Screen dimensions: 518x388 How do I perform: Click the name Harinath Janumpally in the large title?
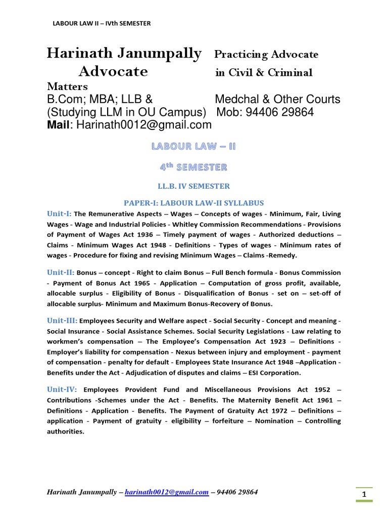coord(124,54)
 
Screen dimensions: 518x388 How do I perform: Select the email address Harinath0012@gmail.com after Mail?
coord(144,125)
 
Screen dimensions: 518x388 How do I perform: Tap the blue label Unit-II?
coord(61,272)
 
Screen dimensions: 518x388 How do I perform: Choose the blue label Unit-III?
coord(63,320)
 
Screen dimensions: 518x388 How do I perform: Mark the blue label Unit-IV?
coord(62,389)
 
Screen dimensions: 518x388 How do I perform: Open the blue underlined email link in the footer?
coord(167,492)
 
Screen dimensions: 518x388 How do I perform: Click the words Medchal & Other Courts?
coord(277,99)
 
